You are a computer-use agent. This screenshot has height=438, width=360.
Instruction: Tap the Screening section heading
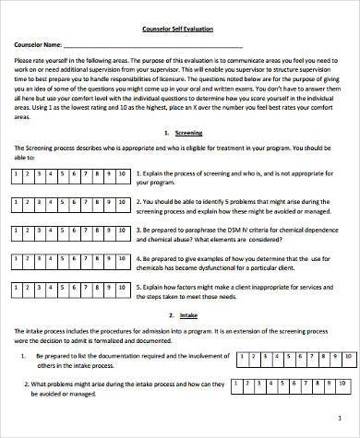(189, 133)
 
